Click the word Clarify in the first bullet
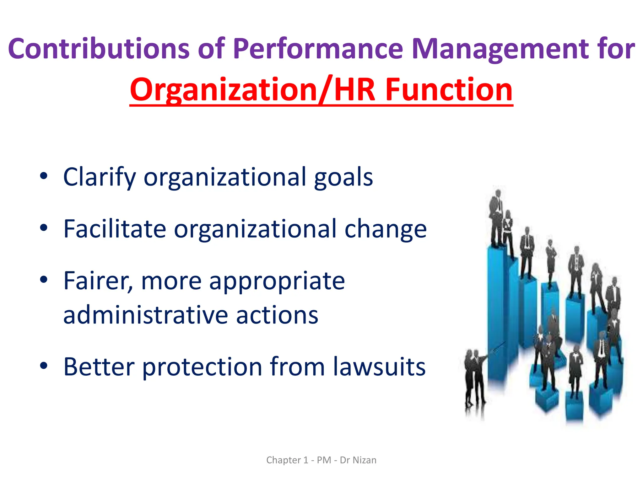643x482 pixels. [100, 177]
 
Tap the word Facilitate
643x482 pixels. [115, 229]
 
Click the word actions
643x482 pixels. [277, 315]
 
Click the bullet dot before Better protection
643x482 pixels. [44, 365]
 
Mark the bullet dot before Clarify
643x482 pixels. [44, 176]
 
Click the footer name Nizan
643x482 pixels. [365, 460]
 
